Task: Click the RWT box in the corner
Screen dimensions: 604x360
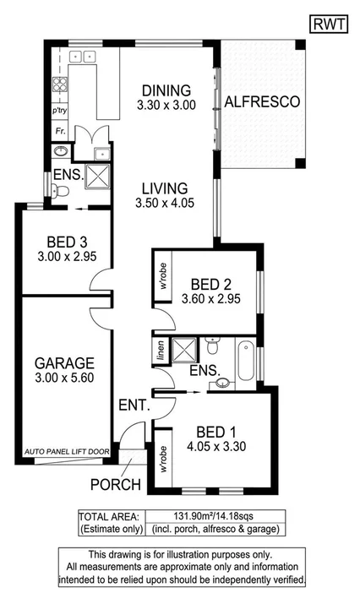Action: pyautogui.click(x=329, y=24)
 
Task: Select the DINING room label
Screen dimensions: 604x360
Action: pyautogui.click(x=166, y=90)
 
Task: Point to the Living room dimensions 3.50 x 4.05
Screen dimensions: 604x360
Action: pyautogui.click(x=165, y=203)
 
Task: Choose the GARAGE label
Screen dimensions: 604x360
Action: pyautogui.click(x=63, y=362)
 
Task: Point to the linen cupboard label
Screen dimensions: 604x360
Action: pyautogui.click(x=158, y=350)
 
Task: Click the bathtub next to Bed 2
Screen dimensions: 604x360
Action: pyautogui.click(x=246, y=359)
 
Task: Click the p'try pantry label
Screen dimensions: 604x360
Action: pyautogui.click(x=59, y=111)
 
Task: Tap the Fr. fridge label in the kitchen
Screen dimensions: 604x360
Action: pyautogui.click(x=60, y=132)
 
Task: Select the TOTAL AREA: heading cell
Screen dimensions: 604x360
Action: pyautogui.click(x=108, y=517)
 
